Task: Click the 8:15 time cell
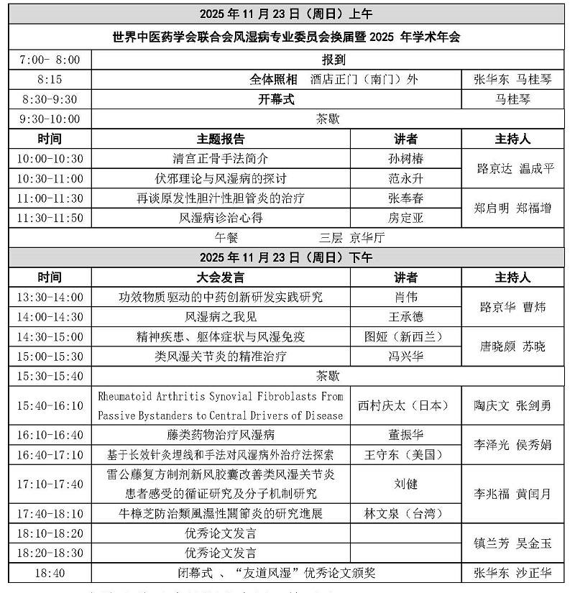(x=50, y=80)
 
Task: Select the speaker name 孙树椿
(x=405, y=159)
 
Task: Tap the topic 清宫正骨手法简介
(x=221, y=159)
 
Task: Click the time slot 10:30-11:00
(x=50, y=178)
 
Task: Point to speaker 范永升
(x=405, y=178)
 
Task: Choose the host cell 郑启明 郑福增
(x=512, y=208)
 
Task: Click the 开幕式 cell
(x=276, y=100)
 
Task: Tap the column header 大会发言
(x=221, y=277)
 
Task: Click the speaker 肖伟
(x=405, y=297)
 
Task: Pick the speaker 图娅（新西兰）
(x=405, y=336)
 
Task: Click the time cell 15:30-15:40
(x=50, y=376)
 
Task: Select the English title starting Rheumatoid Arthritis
(x=221, y=405)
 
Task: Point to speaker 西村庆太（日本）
(x=405, y=405)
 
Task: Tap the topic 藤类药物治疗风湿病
(x=221, y=435)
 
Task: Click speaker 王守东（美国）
(x=405, y=454)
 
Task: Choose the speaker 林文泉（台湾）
(x=405, y=513)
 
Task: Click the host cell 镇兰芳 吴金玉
(x=512, y=543)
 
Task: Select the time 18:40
(x=50, y=573)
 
